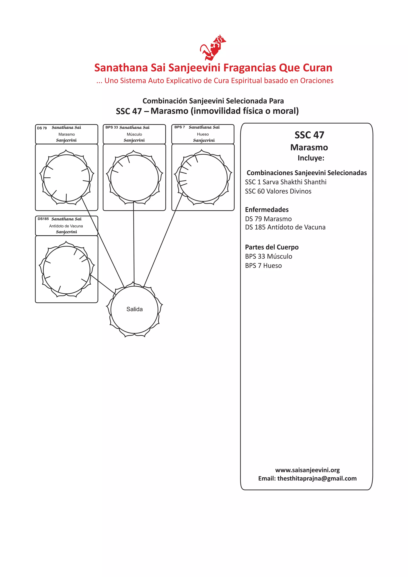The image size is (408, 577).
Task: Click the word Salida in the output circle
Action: pyautogui.click(x=134, y=309)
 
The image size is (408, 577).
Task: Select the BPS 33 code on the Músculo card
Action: pyautogui.click(x=112, y=127)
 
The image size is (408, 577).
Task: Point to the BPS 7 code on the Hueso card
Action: pyautogui.click(x=180, y=127)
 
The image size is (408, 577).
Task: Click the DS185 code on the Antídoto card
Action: pyautogui.click(x=43, y=219)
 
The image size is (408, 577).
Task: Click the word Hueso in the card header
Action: pyautogui.click(x=203, y=134)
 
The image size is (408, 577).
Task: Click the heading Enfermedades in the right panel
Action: pyautogui.click(x=267, y=210)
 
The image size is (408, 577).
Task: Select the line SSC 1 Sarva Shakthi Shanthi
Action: pyautogui.click(x=285, y=182)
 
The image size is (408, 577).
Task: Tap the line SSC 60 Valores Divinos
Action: pyautogui.click(x=278, y=191)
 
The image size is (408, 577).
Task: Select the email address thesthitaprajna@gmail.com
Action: pyautogui.click(x=317, y=478)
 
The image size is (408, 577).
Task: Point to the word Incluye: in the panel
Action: pyautogui.click(x=311, y=158)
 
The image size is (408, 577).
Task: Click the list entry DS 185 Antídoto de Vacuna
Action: pyautogui.click(x=285, y=227)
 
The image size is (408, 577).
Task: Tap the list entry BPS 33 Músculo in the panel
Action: pyautogui.click(x=268, y=256)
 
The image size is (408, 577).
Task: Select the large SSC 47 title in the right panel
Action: pyautogui.click(x=309, y=135)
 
